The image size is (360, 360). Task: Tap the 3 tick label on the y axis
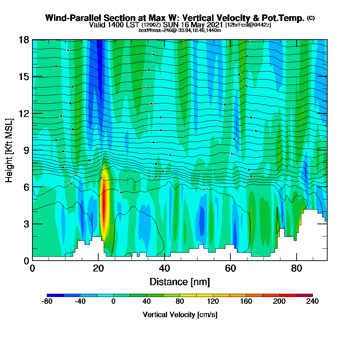pyautogui.click(x=26, y=224)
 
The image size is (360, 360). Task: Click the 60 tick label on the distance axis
pyautogui.click(x=230, y=269)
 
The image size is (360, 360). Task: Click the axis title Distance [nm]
pyautogui.click(x=180, y=282)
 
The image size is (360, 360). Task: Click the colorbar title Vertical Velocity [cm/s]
pyautogui.click(x=180, y=315)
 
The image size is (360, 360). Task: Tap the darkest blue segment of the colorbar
pyautogui.click(x=55, y=295)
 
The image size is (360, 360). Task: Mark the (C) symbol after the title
pyautogui.click(x=311, y=18)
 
